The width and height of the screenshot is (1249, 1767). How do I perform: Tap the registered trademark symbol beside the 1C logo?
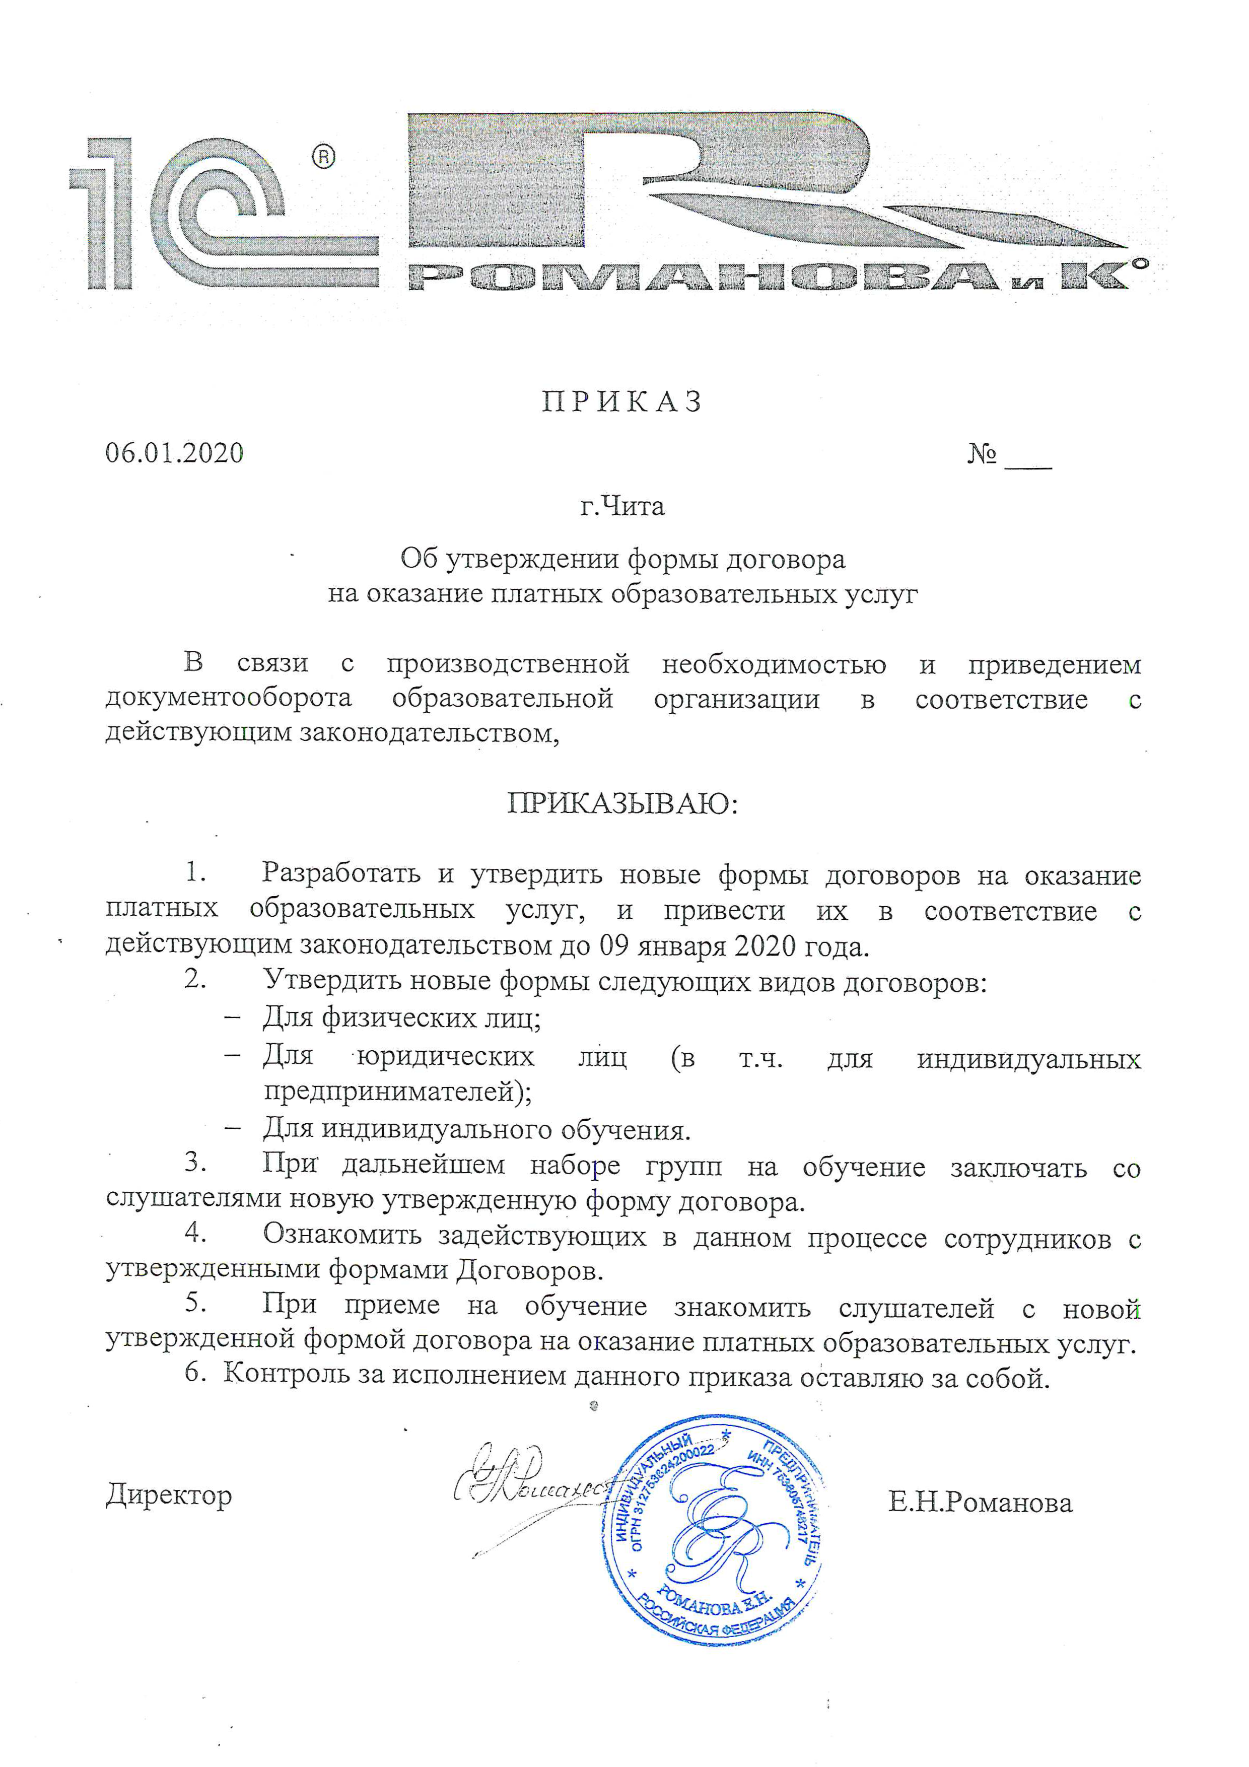pyautogui.click(x=323, y=157)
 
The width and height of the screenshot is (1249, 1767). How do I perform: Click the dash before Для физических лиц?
pyautogui.click(x=232, y=1017)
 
